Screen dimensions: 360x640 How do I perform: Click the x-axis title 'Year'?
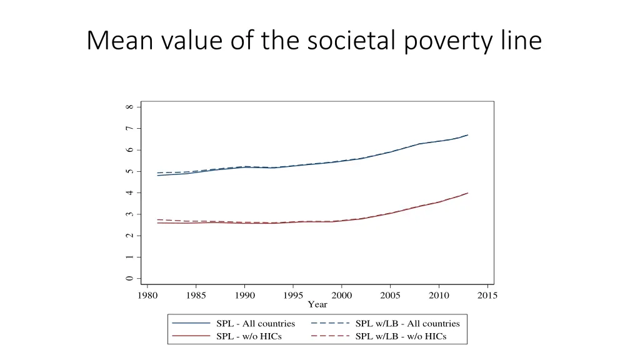(317, 304)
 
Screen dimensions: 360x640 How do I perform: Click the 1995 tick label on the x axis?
(293, 296)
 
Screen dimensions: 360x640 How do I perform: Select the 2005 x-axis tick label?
(391, 296)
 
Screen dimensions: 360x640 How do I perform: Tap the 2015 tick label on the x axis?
(487, 296)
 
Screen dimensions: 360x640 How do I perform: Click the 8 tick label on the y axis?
(129, 107)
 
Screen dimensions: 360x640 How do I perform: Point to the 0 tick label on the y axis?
(129, 279)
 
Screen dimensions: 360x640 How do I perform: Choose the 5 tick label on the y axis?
(129, 171)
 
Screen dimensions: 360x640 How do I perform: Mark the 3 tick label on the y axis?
(129, 214)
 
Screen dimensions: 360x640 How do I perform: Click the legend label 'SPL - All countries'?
(256, 324)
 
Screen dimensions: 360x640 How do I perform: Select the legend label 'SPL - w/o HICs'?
(248, 337)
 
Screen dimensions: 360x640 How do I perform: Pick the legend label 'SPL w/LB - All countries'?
(407, 324)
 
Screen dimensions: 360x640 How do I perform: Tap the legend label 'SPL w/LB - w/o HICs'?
(401, 337)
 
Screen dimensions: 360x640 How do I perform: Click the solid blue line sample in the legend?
(191, 324)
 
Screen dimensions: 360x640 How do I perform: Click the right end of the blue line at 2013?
(467, 135)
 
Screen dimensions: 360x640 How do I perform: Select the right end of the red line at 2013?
(467, 193)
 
